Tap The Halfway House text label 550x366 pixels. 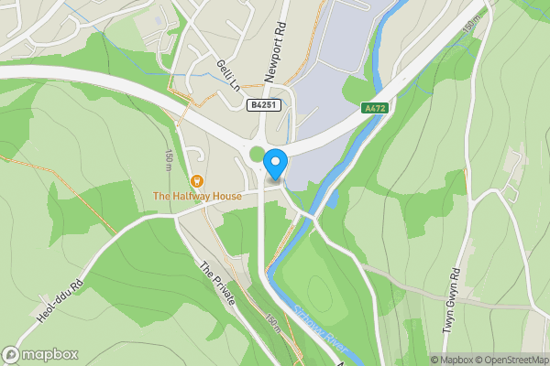pyautogui.click(x=197, y=196)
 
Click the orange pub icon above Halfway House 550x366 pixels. pyautogui.click(x=197, y=180)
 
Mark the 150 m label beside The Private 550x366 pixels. pyautogui.click(x=273, y=323)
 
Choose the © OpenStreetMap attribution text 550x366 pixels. pyautogui.click(x=512, y=360)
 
